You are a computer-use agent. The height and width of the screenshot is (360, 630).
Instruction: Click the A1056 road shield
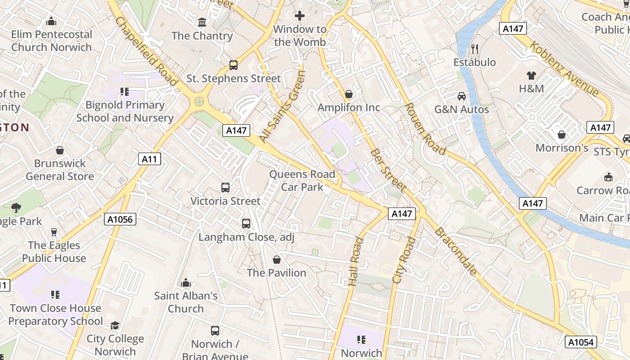click(x=120, y=219)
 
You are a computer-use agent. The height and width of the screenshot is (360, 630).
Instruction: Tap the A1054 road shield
click(x=581, y=342)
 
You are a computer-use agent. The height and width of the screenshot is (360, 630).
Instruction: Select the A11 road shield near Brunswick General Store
click(x=149, y=158)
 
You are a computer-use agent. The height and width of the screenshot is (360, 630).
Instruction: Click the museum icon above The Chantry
click(x=202, y=22)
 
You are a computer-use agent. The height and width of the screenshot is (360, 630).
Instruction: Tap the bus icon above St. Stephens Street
click(x=233, y=65)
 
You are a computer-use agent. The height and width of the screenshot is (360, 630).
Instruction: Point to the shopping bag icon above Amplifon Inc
click(x=348, y=94)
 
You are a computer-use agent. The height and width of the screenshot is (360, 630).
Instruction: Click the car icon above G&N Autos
click(x=461, y=96)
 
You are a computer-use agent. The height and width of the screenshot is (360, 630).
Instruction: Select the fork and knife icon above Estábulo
click(x=474, y=49)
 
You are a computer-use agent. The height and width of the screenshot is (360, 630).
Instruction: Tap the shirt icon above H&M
click(x=531, y=75)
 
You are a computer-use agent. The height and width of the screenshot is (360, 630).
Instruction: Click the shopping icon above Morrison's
click(x=561, y=135)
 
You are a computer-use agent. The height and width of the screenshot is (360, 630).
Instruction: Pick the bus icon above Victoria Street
click(x=225, y=187)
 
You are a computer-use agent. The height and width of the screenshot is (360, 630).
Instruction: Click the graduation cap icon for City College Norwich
click(x=115, y=325)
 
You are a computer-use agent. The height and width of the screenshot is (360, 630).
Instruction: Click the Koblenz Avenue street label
click(x=564, y=69)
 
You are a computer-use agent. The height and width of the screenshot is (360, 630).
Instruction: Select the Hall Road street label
click(x=355, y=261)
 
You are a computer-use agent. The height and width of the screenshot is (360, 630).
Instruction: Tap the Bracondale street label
click(x=455, y=252)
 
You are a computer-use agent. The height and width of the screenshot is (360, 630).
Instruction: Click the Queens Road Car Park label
click(x=302, y=180)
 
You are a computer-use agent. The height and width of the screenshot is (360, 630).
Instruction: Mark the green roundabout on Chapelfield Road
click(x=199, y=102)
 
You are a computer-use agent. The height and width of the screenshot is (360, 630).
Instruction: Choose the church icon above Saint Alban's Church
click(x=185, y=283)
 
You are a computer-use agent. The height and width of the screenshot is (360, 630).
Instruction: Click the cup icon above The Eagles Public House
click(x=54, y=232)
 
